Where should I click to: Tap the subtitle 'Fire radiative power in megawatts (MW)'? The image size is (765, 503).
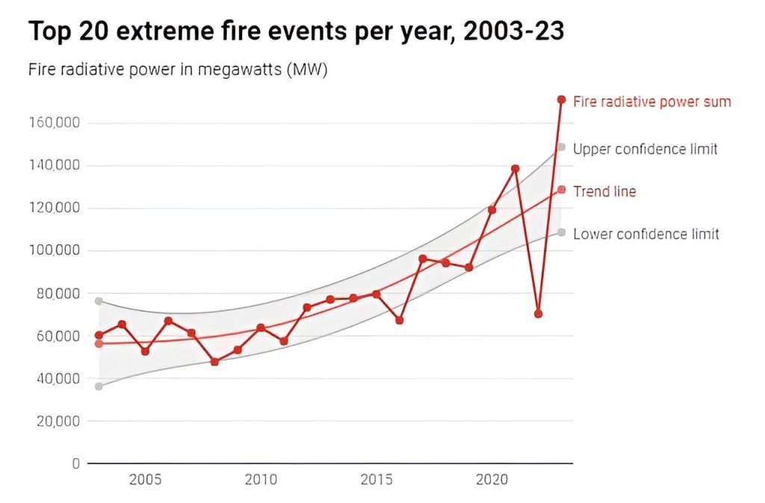pos(178,70)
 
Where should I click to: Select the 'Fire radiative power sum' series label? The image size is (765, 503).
pos(651,102)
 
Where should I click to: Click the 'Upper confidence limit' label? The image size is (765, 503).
pos(645,149)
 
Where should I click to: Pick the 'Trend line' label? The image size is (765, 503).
pos(604,191)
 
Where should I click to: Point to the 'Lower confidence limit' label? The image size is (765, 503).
pos(645,234)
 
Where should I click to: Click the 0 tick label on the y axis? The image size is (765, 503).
pos(75,463)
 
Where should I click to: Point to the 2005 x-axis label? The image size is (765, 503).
pos(145,479)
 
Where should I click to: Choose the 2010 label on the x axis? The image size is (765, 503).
pos(261,479)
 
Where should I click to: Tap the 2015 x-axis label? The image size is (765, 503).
pos(377,479)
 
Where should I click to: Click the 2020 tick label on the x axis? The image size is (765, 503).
pos(492,479)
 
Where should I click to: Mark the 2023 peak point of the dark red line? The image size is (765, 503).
pos(561,99)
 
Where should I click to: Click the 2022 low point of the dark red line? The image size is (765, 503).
pos(538,314)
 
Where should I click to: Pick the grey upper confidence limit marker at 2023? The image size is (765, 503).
pos(561,147)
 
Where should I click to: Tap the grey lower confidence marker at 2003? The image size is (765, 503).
pos(99,386)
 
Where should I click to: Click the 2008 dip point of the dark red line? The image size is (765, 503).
pos(214,362)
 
